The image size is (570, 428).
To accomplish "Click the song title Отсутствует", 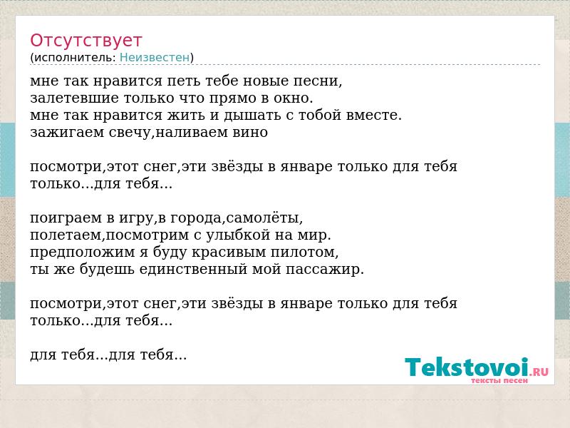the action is (x=85, y=41).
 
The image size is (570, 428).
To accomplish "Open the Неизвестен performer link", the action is (x=155, y=58).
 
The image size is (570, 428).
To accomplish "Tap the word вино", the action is (x=250, y=133).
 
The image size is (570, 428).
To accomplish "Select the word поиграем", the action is (x=66, y=218).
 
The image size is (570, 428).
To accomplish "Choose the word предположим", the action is (x=83, y=253).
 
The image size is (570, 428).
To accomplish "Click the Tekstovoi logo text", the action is (x=467, y=367).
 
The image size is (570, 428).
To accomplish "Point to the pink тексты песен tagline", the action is (x=499, y=381).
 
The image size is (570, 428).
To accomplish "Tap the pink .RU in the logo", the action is (x=539, y=371).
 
